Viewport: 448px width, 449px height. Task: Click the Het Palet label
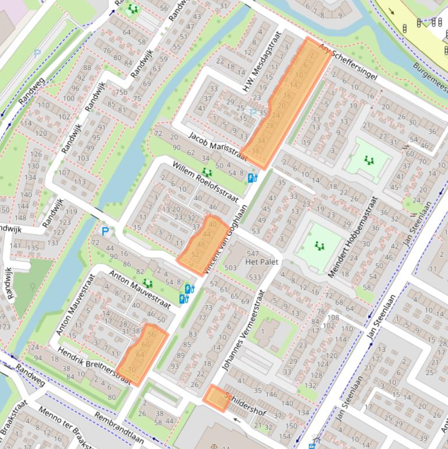tap(259, 262)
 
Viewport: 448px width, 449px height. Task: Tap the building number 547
tap(252, 253)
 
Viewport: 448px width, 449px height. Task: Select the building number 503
tap(231, 268)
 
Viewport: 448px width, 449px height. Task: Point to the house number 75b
tap(121, 93)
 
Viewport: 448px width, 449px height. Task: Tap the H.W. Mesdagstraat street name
tap(262, 62)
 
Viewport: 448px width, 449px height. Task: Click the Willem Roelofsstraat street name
tap(204, 183)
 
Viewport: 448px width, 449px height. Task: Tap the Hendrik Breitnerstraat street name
tap(93, 365)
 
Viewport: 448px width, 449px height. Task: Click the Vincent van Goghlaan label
tap(227, 237)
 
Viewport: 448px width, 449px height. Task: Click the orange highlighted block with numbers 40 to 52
tap(203, 244)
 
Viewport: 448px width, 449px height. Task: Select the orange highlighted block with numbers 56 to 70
tap(143, 355)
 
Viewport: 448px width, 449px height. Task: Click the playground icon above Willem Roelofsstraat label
tap(207, 172)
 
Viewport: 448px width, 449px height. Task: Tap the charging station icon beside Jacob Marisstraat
tap(252, 178)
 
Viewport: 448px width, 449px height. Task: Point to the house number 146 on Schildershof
tap(271, 395)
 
